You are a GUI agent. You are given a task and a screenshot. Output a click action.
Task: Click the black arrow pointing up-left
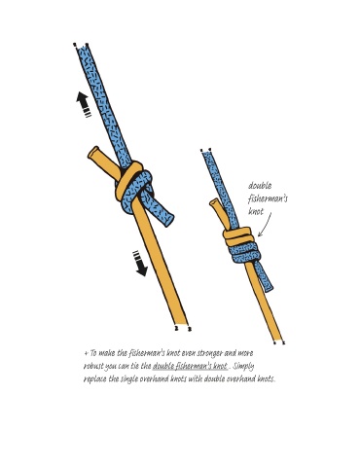(84, 104)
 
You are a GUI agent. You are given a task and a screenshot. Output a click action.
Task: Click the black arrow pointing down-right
(140, 264)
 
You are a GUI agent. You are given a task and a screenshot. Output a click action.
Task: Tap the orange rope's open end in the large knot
(94, 153)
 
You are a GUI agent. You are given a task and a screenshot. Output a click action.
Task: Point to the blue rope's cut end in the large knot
(168, 220)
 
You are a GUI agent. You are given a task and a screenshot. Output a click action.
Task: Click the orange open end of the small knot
(214, 204)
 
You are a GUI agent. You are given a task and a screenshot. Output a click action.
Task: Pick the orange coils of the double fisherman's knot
(238, 236)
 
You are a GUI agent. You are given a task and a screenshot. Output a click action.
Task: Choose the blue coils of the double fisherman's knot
(244, 253)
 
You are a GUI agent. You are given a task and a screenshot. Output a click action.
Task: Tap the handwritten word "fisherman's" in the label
(268, 198)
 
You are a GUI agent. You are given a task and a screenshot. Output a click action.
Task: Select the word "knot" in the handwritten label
(256, 211)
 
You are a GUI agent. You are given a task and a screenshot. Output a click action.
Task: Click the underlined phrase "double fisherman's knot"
(190, 366)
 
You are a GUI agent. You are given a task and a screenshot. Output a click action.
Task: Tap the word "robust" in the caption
(93, 366)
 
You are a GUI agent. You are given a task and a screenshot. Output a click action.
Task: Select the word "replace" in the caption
(94, 379)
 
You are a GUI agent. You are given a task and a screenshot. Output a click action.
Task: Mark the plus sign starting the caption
(86, 353)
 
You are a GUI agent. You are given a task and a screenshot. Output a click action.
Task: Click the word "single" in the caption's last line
(129, 379)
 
